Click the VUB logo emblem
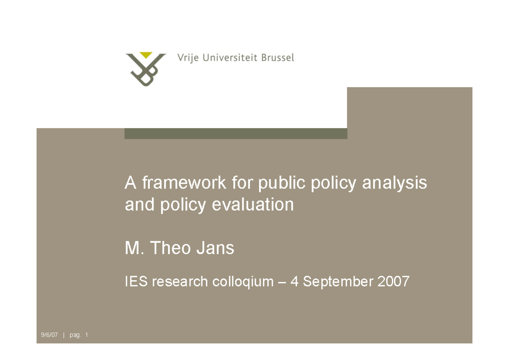[145, 69]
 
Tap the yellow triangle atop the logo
[146, 55]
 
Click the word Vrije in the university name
[187, 58]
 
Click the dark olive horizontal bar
[235, 133]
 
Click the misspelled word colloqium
[246, 281]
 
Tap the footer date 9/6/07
[49, 335]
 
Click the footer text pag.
[75, 336]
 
